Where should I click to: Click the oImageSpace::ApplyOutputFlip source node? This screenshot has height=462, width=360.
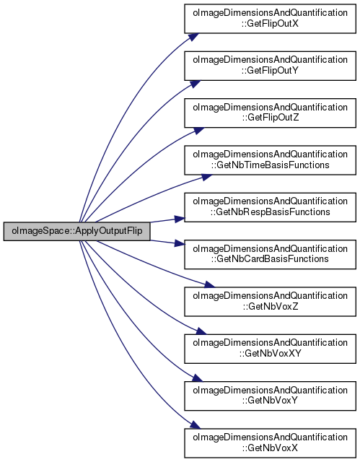pos(76,231)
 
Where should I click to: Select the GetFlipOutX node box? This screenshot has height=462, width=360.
pos(270,19)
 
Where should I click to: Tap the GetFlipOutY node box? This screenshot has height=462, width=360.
pos(270,66)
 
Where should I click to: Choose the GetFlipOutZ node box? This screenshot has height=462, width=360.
pos(270,113)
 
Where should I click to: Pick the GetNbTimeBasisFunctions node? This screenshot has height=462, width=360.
pos(270,160)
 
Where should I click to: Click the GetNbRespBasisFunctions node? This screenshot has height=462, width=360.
pos(270,207)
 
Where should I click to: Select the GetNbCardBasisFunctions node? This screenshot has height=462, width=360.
pos(270,254)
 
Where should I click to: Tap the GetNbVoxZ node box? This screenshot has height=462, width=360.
pos(270,302)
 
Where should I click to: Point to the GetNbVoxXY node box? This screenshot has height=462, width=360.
pos(270,349)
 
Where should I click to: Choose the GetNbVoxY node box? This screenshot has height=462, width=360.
pos(270,396)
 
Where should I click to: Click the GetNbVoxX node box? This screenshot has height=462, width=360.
pos(270,443)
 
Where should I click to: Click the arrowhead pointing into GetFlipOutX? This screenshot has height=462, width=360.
pos(193,37)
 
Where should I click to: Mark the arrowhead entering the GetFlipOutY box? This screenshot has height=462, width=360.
pos(195,84)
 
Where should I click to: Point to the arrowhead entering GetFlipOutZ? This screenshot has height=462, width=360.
pos(198,131)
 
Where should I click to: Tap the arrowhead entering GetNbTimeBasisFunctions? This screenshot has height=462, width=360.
pos(206,178)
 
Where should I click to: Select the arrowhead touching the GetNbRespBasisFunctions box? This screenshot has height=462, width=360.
pos(180,219)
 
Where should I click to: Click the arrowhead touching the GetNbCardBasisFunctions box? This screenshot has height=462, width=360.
pos(180,243)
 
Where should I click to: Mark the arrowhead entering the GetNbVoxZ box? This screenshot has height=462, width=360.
pos(210,284)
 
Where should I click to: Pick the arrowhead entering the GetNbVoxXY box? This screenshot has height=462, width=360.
pos(201,331)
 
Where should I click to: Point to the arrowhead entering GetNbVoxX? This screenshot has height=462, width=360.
pos(196,425)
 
